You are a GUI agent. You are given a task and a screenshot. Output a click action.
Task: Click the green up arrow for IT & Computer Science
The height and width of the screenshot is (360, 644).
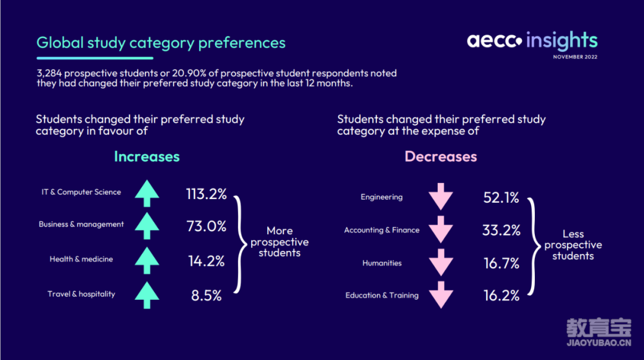tap(147, 193)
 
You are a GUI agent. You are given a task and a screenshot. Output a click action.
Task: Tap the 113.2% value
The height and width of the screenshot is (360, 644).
tap(206, 194)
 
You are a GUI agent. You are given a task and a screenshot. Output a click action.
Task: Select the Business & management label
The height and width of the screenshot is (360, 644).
tap(81, 224)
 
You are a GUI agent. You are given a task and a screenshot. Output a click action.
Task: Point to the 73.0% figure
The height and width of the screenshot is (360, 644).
tap(206, 226)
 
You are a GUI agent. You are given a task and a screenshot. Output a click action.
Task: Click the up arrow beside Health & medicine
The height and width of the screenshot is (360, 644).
tap(147, 260)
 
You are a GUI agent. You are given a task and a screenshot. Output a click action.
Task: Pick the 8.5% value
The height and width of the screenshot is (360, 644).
tap(206, 295)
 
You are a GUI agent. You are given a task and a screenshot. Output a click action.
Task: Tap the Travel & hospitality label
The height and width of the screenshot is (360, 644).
tap(81, 294)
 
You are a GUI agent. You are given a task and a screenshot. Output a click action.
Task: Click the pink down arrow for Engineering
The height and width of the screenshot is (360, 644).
tap(441, 197)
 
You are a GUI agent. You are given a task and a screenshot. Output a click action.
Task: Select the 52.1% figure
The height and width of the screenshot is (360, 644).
tap(501, 197)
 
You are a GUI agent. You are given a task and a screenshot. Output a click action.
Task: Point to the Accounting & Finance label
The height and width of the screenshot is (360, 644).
tap(382, 230)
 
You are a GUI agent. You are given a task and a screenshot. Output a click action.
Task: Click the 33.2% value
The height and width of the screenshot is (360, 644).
tap(501, 230)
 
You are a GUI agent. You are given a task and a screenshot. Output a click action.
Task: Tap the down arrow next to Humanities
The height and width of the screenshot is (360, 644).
tap(441, 262)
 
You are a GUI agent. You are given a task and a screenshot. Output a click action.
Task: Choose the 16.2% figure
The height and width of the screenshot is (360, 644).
tap(501, 295)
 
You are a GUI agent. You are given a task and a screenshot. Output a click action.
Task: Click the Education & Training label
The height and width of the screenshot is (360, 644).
tap(382, 295)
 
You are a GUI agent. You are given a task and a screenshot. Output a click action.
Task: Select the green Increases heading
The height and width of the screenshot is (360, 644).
tap(147, 156)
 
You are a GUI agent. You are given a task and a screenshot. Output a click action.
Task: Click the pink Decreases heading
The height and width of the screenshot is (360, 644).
tap(441, 156)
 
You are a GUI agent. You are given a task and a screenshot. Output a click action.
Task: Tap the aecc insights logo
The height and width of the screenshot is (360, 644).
tap(532, 41)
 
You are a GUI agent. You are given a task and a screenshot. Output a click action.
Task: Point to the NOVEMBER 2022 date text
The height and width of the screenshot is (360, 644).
tap(575, 57)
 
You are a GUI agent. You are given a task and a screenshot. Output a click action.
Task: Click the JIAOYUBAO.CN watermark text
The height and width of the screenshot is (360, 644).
tap(599, 343)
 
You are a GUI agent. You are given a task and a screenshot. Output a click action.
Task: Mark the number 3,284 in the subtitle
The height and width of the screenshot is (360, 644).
tap(49, 73)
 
